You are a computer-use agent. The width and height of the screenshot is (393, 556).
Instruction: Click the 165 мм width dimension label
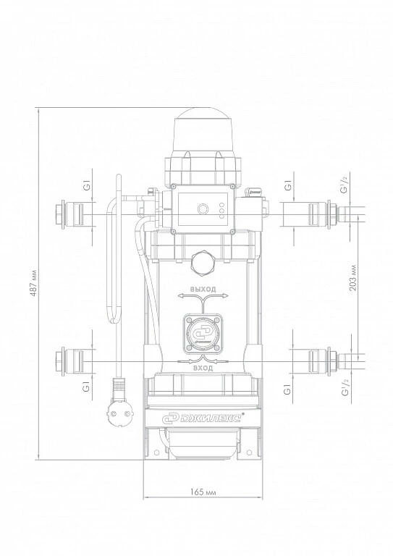(203, 492)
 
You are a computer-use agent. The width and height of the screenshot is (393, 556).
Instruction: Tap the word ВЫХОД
(203, 289)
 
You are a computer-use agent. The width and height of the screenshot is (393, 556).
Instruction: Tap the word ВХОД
(203, 368)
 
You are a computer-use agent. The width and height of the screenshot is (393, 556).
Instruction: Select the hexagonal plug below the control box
(203, 264)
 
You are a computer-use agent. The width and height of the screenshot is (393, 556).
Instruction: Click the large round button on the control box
(203, 208)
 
